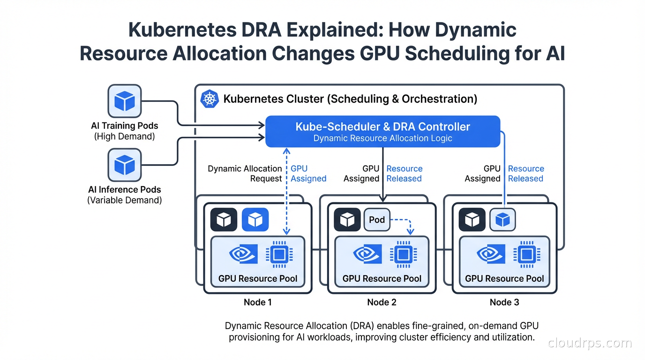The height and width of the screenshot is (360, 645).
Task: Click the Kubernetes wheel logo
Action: [x=209, y=99]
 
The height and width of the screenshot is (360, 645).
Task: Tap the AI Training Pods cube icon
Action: [x=125, y=101]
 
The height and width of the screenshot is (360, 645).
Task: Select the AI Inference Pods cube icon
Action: [x=125, y=165]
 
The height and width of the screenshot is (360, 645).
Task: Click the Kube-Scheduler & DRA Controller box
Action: [x=382, y=131]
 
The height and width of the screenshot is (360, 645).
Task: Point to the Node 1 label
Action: [x=257, y=302]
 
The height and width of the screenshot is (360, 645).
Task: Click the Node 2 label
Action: [x=382, y=302]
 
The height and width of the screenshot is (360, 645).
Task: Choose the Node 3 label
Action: [x=504, y=302]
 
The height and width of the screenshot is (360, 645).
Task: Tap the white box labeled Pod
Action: [x=377, y=220]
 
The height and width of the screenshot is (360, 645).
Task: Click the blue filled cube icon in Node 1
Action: [x=255, y=220]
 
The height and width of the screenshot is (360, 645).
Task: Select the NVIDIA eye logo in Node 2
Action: [x=367, y=255]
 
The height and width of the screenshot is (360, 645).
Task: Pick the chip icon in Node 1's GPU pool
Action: [x=279, y=255]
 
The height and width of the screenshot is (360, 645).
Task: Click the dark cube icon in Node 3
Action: [x=472, y=220]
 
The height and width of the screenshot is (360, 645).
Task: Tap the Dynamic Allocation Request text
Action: [x=245, y=173]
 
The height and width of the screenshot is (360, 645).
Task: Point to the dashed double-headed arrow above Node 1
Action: [x=286, y=192]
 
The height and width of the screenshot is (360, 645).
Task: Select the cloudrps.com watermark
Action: [x=589, y=343]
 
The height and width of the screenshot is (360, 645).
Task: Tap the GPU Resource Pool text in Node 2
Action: [x=382, y=278]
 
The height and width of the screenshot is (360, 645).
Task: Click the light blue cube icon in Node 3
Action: [x=502, y=220]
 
